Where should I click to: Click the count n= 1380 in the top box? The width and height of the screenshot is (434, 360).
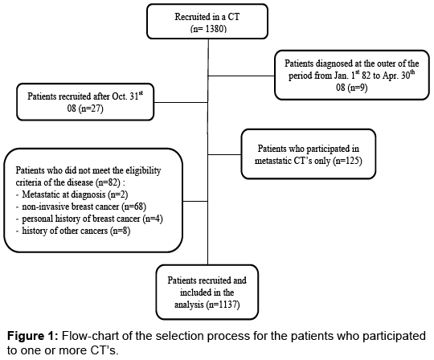tap(208, 29)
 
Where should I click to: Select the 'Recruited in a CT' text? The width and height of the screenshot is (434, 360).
tap(207, 17)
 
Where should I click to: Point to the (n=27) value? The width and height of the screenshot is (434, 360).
tap(91, 108)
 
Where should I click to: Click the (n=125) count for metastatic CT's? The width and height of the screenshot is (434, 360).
tap(347, 161)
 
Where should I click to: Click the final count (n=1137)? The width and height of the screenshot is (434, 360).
tap(223, 305)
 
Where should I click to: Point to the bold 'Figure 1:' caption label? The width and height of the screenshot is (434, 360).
tap(33, 336)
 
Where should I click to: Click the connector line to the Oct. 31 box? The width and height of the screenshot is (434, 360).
tap(181, 102)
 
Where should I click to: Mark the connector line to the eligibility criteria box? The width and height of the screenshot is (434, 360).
tap(195, 201)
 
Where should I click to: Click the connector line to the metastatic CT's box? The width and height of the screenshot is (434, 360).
tap(224, 154)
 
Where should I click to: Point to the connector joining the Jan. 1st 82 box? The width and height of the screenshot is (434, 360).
tap(241, 76)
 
